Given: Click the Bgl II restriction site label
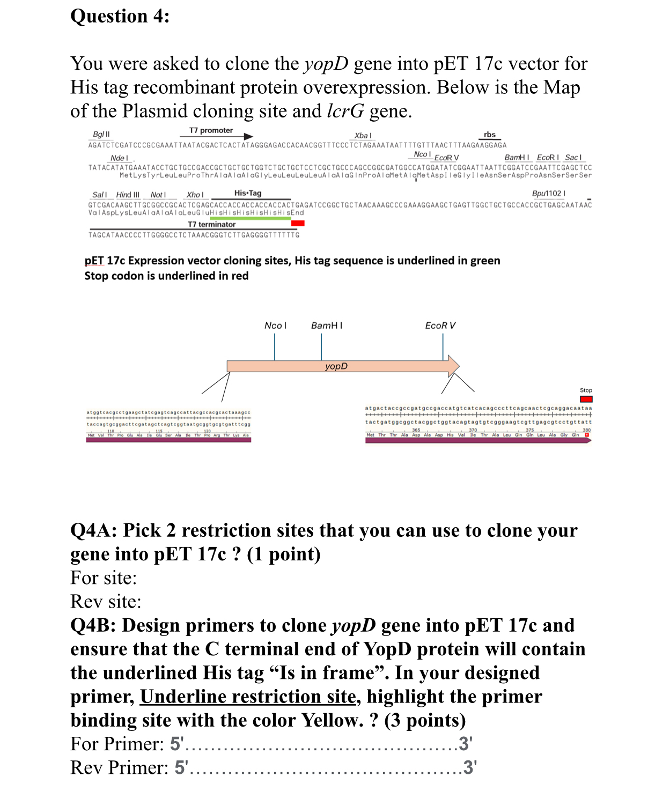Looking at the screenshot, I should click(101, 134).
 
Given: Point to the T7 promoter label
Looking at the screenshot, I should click(211, 130).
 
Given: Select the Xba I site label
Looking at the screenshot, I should click(363, 136).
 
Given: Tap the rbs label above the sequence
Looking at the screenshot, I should click(489, 135).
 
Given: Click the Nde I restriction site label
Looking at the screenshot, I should click(119, 158).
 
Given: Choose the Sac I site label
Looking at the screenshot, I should click(573, 157).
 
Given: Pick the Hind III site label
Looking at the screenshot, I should click(128, 195).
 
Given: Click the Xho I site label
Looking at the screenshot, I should click(195, 195).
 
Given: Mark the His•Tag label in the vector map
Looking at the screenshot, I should click(248, 193).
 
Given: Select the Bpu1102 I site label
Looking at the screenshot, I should click(548, 193).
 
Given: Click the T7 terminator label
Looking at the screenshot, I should click(211, 224).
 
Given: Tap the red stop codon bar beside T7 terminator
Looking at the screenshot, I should click(298, 223).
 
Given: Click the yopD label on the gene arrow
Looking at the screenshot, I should click(336, 366).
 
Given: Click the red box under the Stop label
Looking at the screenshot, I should click(586, 399).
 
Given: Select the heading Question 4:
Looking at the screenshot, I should click(120, 16).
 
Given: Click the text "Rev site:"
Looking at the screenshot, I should click(106, 602).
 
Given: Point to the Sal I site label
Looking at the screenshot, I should click(99, 195).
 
